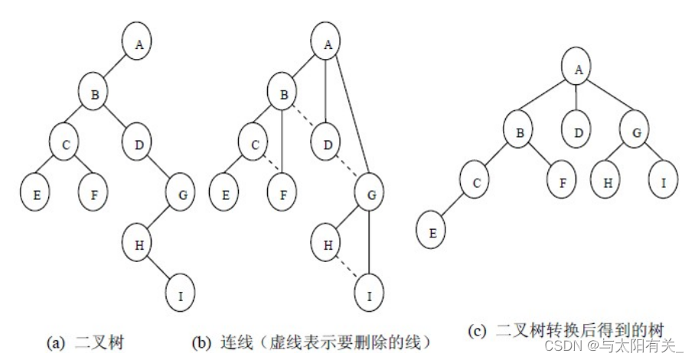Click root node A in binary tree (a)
click(x=139, y=44)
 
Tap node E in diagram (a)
click(x=36, y=195)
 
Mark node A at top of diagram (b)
click(x=327, y=44)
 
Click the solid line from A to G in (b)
click(x=351, y=123)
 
